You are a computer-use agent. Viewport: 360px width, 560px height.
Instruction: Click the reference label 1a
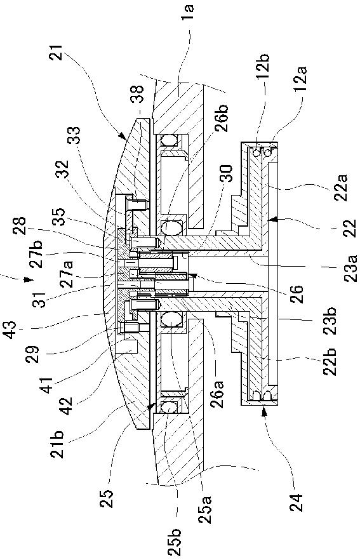pyautogui.click(x=188, y=13)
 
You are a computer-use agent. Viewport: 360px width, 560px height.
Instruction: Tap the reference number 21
pyautogui.click(x=57, y=53)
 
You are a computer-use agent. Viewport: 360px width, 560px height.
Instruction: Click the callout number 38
pyautogui.click(x=138, y=94)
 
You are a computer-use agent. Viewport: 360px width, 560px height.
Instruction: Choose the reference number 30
pyautogui.click(x=227, y=174)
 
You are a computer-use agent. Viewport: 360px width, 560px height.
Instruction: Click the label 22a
pyautogui.click(x=341, y=187)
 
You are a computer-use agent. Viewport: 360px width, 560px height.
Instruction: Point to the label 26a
pyautogui.click(x=218, y=393)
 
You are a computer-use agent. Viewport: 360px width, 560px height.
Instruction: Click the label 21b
pyautogui.click(x=59, y=444)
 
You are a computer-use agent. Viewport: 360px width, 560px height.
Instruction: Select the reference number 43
pyautogui.click(x=10, y=330)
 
